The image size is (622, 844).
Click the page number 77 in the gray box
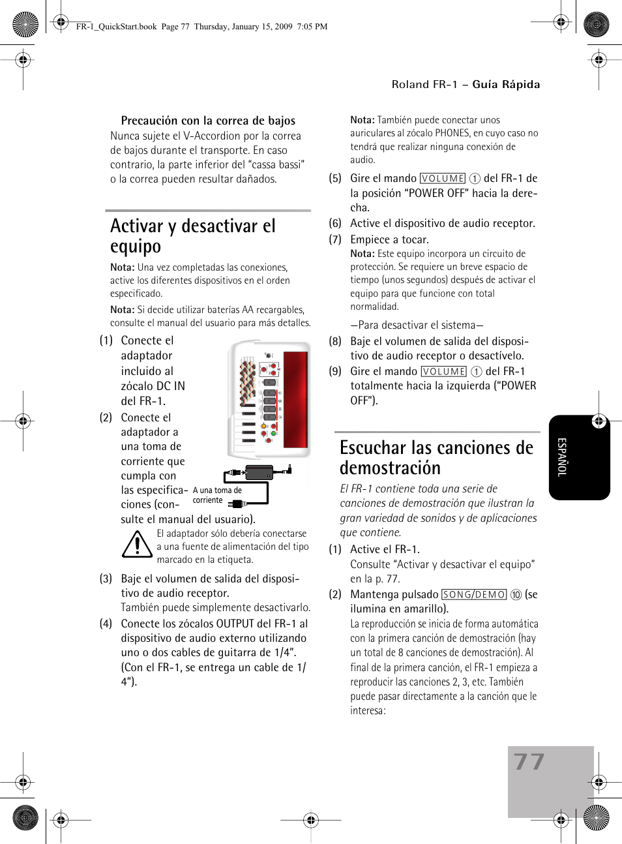tap(529, 762)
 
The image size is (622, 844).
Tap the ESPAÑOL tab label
tap(562, 457)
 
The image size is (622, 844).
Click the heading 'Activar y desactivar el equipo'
tap(193, 236)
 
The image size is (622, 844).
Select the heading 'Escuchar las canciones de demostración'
tap(436, 457)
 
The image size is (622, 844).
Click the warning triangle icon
tap(137, 545)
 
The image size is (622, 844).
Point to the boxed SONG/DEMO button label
tap(474, 595)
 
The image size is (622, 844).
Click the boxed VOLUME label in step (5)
tap(443, 179)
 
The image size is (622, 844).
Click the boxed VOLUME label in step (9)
tap(444, 372)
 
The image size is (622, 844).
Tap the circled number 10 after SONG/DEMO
tap(516, 595)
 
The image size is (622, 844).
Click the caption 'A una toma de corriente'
tap(216, 495)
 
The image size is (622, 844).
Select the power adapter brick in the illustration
tap(259, 472)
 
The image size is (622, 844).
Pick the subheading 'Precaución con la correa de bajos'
tap(208, 121)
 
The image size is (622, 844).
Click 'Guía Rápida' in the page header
tap(506, 84)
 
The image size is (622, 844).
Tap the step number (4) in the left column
tap(106, 624)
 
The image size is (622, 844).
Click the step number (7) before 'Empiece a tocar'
tap(335, 239)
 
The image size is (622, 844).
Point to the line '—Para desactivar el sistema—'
tap(417, 325)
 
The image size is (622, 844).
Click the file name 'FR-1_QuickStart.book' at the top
tap(116, 27)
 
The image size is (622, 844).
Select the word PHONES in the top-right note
tap(452, 133)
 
